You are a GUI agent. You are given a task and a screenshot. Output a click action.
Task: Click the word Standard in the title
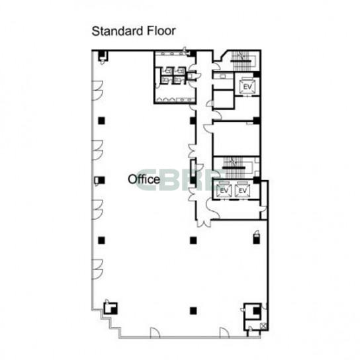pos(118,31)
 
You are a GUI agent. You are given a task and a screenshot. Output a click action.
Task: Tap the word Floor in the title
pos(161,30)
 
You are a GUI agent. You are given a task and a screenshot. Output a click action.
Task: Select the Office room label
pos(144,179)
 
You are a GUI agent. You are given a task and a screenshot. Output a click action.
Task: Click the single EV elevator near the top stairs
pos(247,86)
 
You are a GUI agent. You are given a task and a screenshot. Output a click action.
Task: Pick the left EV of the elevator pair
pos(224,191)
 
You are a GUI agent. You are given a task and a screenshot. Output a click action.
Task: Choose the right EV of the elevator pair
pos(243,191)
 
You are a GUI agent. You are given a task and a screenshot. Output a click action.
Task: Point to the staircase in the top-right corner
pos(241,62)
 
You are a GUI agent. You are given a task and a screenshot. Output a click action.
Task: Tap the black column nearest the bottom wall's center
pos(193,310)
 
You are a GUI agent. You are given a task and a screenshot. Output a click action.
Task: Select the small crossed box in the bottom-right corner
pos(264,326)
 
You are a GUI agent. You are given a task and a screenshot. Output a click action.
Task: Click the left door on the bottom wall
pos(155,332)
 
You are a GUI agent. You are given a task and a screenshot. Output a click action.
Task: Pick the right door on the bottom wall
pos(224,332)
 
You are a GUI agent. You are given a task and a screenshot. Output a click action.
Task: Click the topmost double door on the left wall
pos(97,91)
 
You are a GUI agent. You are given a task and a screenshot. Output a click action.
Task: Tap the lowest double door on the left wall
pos(97,269)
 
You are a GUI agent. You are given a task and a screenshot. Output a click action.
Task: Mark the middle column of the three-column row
pos(193,240)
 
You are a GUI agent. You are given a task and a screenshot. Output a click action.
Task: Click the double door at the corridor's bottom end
pos(204,223)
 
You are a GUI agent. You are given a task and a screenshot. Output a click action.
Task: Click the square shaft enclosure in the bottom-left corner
pos(111,308)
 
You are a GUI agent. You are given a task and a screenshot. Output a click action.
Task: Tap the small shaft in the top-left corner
pos(103,56)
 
